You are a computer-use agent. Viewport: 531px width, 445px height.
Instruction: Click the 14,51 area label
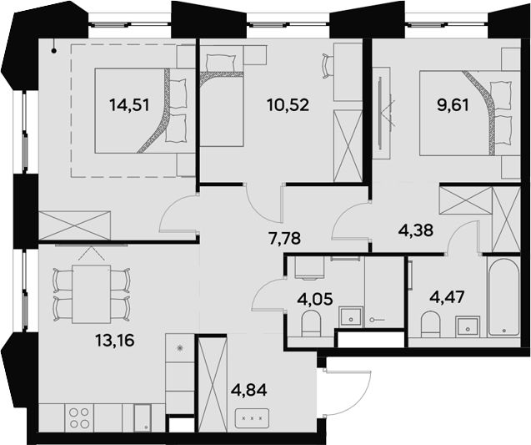(x=129, y=105)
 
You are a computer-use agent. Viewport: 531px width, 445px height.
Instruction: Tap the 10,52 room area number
(x=288, y=105)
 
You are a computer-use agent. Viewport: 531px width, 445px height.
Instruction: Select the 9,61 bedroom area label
(x=453, y=105)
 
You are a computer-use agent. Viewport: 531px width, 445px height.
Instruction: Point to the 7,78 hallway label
(x=285, y=238)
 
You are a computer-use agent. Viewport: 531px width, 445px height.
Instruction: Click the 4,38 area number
(x=416, y=230)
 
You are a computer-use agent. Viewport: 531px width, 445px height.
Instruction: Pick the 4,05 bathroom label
(x=315, y=300)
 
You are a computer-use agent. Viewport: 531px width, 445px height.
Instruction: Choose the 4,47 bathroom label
(x=446, y=298)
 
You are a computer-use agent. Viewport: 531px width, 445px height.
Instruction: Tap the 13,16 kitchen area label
(x=115, y=340)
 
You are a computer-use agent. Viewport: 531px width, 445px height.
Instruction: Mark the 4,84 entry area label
(x=249, y=390)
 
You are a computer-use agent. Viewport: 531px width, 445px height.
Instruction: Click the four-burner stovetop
(x=79, y=418)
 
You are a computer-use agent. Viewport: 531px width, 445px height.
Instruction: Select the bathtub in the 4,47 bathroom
(x=503, y=296)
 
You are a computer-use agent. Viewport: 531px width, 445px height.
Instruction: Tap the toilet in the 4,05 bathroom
(x=311, y=324)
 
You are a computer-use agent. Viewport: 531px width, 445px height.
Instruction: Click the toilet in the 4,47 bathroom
(x=430, y=325)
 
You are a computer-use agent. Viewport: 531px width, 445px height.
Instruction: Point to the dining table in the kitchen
(x=92, y=294)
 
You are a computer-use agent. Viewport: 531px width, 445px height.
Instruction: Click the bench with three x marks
(x=252, y=417)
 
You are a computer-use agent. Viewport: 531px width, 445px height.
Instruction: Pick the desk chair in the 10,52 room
(x=328, y=65)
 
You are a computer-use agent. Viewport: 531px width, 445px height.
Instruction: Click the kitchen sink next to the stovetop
(x=143, y=418)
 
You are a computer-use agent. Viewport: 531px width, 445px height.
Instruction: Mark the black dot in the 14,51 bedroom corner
(x=54, y=51)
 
